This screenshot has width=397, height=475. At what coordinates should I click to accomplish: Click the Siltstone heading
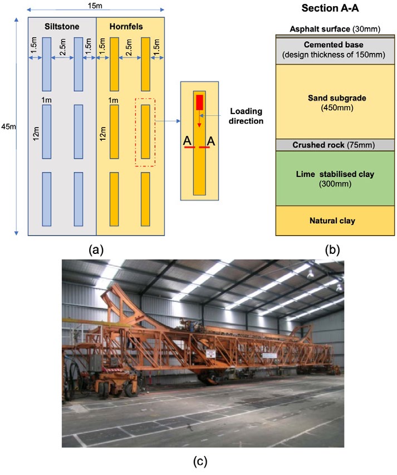click(62, 27)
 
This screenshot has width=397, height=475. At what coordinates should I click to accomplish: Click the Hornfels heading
click(126, 27)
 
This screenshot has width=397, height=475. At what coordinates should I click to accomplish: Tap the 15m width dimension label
click(95, 6)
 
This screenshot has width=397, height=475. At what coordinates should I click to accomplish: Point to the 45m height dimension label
click(8, 126)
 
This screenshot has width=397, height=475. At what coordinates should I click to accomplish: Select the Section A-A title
click(330, 8)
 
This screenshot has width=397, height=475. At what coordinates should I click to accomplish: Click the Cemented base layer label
click(334, 45)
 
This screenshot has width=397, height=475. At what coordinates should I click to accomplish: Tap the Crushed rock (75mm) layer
click(334, 145)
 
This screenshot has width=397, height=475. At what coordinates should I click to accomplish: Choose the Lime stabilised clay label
click(335, 174)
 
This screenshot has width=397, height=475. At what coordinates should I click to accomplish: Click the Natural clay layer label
click(332, 221)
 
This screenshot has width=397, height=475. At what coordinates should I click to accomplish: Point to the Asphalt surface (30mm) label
click(335, 29)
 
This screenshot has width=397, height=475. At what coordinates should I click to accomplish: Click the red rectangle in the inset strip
click(199, 102)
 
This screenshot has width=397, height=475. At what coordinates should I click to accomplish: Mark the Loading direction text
click(246, 116)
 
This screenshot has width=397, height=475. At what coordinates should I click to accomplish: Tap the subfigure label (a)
click(96, 250)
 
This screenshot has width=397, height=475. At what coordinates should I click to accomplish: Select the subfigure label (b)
click(332, 250)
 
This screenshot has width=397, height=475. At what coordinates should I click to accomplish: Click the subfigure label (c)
click(200, 462)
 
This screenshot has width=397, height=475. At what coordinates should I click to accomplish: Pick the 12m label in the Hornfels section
click(103, 134)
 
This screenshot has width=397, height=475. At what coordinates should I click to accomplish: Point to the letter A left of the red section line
click(188, 141)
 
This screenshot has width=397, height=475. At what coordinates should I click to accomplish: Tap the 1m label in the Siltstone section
click(46, 100)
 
